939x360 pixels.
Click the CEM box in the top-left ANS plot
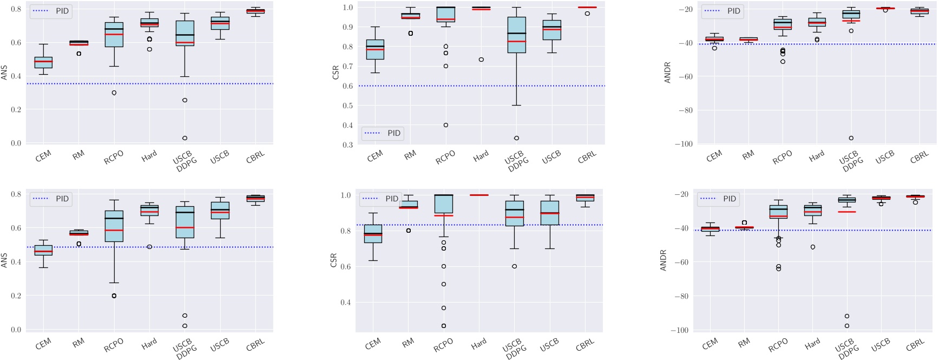pos(43,62)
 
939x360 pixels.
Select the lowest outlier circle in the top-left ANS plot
pos(185,138)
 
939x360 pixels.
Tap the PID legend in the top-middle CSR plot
pos(383,133)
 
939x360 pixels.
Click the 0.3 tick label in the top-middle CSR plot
pos(347,145)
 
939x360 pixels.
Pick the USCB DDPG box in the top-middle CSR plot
pos(516,35)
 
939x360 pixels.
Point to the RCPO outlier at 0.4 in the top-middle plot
pos(446,125)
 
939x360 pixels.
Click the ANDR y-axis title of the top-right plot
pos(667,72)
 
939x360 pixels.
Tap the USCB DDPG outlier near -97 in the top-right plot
pos(851,138)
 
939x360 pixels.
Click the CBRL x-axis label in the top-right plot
pos(919,158)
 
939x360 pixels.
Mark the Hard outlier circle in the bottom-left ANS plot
pos(149,247)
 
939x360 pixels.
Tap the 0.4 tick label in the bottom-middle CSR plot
pos(345,302)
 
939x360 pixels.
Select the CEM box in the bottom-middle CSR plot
pos(373,234)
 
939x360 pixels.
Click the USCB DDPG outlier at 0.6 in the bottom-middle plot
pos(514,266)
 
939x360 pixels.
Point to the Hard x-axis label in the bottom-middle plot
pos(478,343)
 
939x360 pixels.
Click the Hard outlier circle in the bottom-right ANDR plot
pos(813,247)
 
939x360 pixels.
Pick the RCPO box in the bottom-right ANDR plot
pos(778,212)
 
